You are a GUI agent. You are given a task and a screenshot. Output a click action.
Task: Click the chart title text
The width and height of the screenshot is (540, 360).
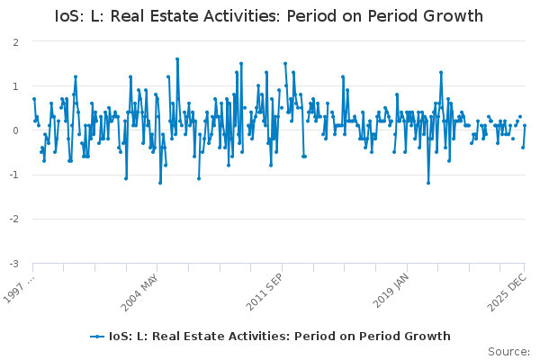pyautogui.click(x=269, y=16)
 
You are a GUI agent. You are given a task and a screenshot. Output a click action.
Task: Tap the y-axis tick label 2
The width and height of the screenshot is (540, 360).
pyautogui.click(x=16, y=42)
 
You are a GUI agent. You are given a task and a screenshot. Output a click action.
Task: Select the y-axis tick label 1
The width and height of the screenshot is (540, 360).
pyautogui.click(x=16, y=86)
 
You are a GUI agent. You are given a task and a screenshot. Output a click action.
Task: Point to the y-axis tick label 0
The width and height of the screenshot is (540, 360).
pyautogui.click(x=16, y=130)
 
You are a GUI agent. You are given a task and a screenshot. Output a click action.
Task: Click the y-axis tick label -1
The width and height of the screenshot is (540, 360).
pyautogui.click(x=14, y=175)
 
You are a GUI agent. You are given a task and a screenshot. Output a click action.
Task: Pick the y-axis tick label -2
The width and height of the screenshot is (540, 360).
pyautogui.click(x=14, y=219)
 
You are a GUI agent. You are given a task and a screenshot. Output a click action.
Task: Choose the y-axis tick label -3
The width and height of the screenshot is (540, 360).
pyautogui.click(x=14, y=263)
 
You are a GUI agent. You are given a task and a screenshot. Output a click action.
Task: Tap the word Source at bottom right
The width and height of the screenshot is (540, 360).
pyautogui.click(x=509, y=351)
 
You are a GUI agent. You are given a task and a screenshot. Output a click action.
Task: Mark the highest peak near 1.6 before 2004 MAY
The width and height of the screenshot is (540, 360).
pyautogui.click(x=177, y=59)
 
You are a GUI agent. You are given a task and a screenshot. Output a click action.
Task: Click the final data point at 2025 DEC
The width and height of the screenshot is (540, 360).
pyautogui.click(x=525, y=126)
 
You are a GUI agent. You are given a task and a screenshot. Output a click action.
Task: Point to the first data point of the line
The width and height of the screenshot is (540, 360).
pyautogui.click(x=33, y=99)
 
